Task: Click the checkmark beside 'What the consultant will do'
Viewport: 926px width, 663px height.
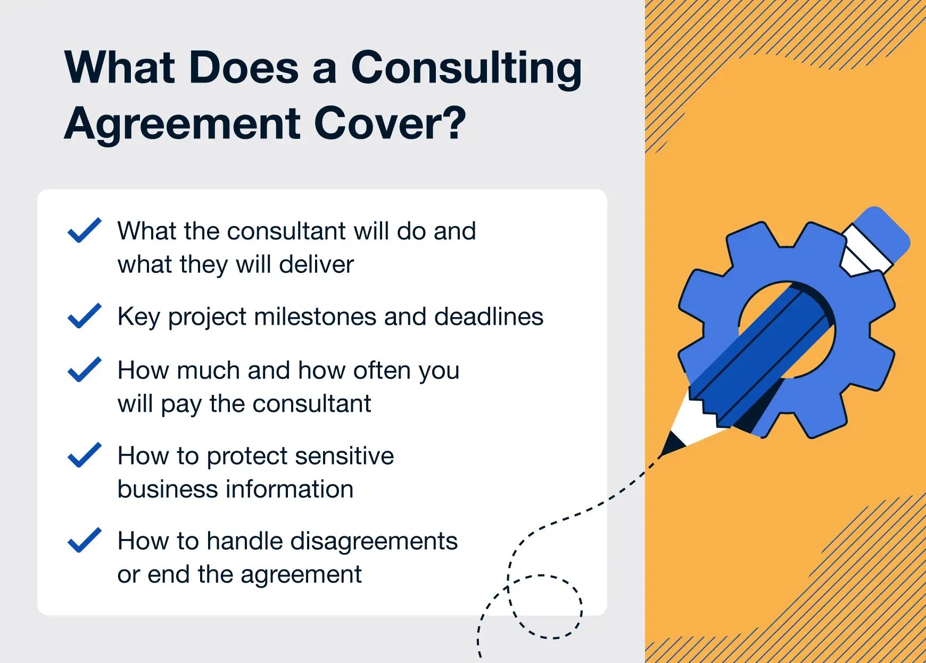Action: click(85, 230)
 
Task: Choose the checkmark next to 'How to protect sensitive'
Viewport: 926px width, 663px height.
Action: click(85, 455)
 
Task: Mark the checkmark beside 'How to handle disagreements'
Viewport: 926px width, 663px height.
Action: click(85, 540)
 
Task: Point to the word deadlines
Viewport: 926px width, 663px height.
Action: click(489, 317)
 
